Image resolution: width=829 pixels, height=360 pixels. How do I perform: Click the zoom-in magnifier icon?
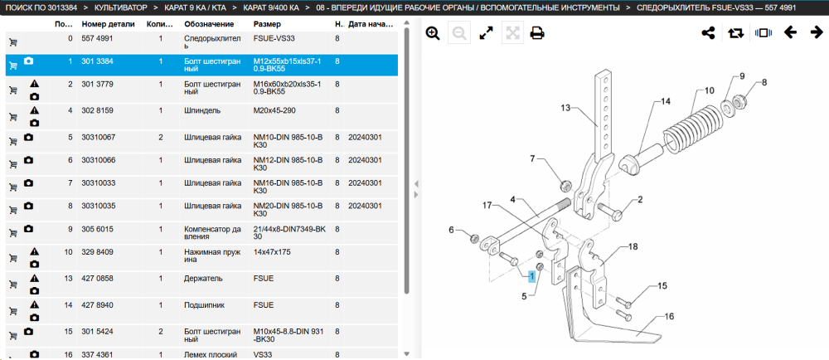click(433, 33)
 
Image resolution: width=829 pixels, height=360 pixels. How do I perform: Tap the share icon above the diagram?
click(708, 33)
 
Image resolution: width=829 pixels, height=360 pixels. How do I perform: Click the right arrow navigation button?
click(817, 33)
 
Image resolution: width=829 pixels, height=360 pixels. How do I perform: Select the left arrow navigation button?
click(790, 33)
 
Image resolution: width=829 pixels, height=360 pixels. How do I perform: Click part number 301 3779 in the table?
click(97, 84)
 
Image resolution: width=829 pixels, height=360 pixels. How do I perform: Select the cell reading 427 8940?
click(97, 305)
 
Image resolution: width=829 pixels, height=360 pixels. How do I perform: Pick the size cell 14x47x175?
click(273, 252)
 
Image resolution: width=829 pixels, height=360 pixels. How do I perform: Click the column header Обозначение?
click(209, 24)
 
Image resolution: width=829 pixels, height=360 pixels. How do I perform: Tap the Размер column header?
click(267, 24)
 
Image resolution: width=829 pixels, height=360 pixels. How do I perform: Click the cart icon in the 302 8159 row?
click(13, 117)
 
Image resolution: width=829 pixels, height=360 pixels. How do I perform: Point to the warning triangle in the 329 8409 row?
click(34, 251)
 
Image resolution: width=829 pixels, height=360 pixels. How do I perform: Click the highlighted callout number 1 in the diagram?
click(532, 275)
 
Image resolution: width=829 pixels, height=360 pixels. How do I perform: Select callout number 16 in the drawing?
click(669, 317)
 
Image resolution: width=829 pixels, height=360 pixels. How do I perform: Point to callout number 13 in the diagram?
click(565, 109)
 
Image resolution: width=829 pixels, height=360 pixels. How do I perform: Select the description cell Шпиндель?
click(202, 110)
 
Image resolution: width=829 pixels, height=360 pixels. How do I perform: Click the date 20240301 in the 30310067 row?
click(365, 137)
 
